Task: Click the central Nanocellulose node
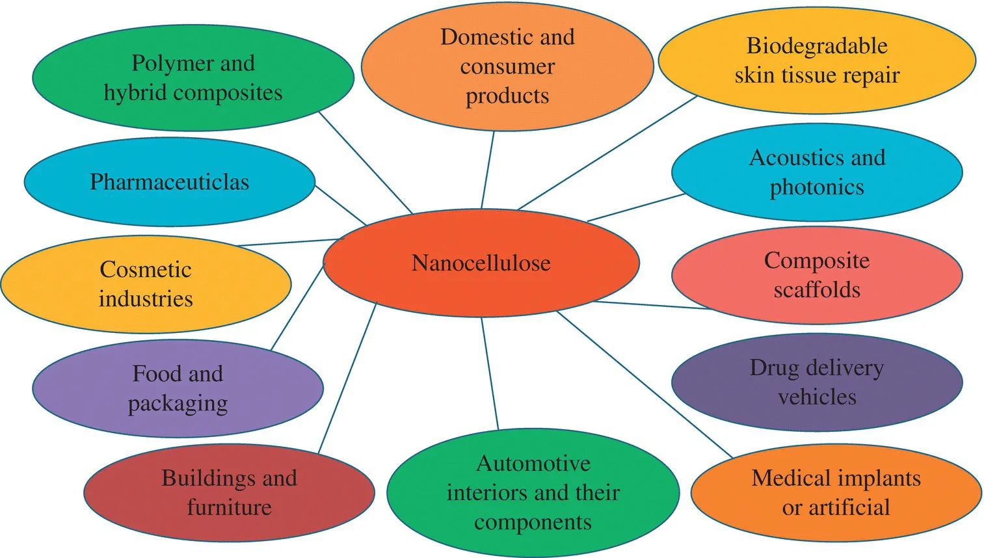coord(481,263)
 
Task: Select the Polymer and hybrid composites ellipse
coord(193,78)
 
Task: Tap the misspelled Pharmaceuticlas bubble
coord(169,182)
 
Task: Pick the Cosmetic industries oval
coord(146,284)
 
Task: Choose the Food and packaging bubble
coord(178,388)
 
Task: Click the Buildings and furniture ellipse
coord(229,492)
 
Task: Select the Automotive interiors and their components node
coord(533,492)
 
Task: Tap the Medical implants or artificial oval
coord(836,492)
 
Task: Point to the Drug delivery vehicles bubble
coord(817,382)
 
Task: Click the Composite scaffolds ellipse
coord(817,274)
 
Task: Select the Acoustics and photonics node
coord(817,172)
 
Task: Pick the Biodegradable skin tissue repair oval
coord(817,60)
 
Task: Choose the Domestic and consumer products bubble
coord(507,66)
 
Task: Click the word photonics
coord(817,187)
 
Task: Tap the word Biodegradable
coord(817,46)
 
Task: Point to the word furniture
coord(229,507)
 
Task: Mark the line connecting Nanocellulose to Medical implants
coord(644,384)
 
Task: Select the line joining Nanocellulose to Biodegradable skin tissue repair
coord(607,153)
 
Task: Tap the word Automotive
coord(533,463)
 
